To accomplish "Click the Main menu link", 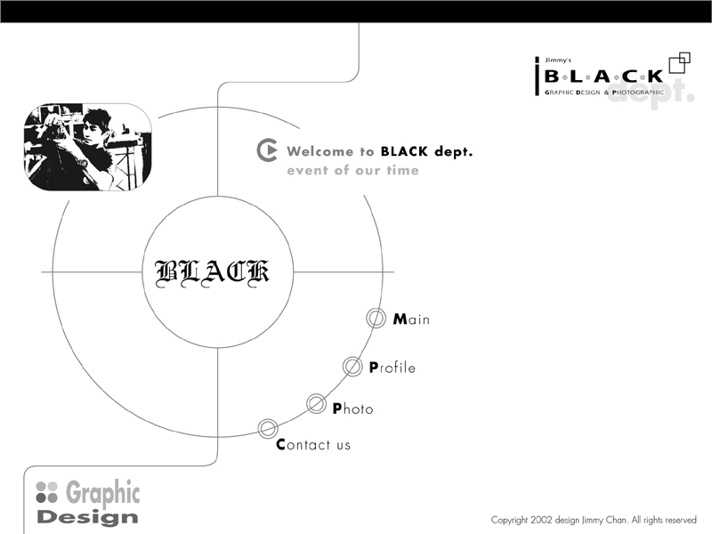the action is click(x=411, y=319).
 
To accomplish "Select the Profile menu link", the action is click(x=392, y=367).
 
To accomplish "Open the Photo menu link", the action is click(x=352, y=409).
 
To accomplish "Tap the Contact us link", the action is click(x=313, y=444).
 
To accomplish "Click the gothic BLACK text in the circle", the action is click(x=212, y=273).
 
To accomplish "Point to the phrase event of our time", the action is click(x=352, y=170).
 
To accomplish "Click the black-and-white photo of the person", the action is click(x=87, y=147).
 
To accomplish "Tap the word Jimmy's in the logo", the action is click(x=558, y=60).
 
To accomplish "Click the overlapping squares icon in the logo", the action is click(x=679, y=62).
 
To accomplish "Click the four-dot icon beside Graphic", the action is click(x=47, y=492).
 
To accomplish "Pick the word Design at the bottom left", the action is click(x=87, y=517).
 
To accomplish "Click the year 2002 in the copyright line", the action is click(x=541, y=520).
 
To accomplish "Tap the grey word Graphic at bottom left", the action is click(x=103, y=493).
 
